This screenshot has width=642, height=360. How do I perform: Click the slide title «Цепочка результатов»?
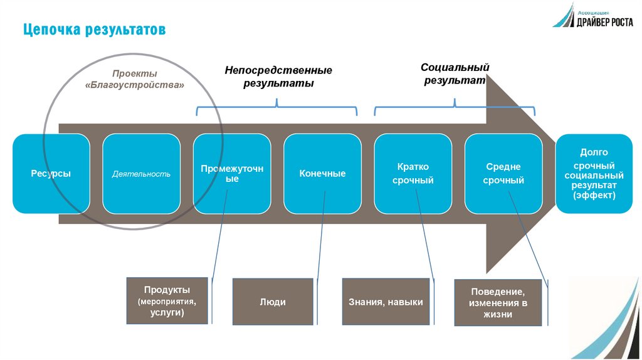click(x=95, y=29)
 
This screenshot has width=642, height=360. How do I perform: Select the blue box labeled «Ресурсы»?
click(x=51, y=174)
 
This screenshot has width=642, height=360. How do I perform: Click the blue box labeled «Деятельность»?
click(x=141, y=174)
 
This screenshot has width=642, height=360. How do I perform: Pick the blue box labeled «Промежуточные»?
click(x=231, y=174)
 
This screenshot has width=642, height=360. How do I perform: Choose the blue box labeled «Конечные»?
click(x=322, y=174)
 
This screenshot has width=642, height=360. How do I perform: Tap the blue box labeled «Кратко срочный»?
click(x=413, y=174)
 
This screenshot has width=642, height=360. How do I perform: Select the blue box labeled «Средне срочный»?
click(x=503, y=174)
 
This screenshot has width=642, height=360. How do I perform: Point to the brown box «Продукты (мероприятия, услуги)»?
click(x=167, y=300)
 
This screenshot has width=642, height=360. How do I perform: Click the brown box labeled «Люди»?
click(x=273, y=302)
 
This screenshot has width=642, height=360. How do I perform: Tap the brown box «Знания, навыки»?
click(x=386, y=302)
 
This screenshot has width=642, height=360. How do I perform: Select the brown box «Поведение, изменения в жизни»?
click(x=498, y=302)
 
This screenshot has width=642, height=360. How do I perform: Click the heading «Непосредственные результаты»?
click(x=278, y=77)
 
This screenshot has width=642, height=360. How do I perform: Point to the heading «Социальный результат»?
click(x=455, y=73)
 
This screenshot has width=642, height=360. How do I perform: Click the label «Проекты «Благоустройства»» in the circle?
click(x=134, y=79)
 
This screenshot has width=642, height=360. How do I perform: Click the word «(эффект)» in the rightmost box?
click(x=594, y=196)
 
